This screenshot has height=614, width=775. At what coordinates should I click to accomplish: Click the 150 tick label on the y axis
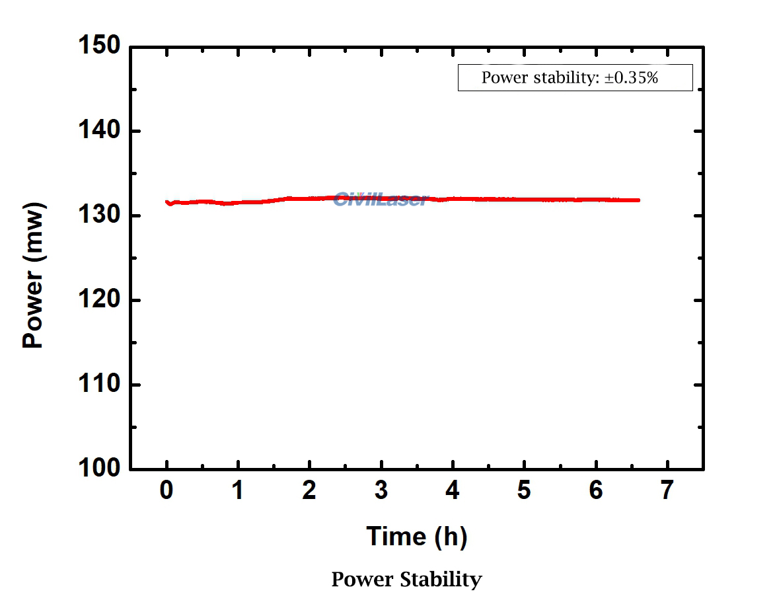[x=99, y=47]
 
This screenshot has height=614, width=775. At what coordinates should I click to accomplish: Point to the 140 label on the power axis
[x=99, y=132]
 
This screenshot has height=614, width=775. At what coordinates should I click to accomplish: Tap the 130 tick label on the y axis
[x=99, y=216]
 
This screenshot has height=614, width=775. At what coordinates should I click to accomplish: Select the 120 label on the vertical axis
[x=99, y=301]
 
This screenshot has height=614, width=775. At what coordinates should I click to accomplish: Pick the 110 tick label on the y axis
[x=99, y=385]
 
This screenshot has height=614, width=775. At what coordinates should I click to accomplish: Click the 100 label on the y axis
[x=99, y=469]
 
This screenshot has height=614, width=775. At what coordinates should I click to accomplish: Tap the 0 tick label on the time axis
[x=166, y=492]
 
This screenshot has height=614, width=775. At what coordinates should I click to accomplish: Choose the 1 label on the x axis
[x=238, y=492]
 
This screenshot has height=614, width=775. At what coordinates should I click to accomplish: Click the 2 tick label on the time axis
[x=309, y=492]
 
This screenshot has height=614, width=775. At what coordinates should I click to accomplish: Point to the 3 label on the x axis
[x=381, y=492]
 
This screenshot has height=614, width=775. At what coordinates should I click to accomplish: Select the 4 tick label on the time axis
[x=453, y=492]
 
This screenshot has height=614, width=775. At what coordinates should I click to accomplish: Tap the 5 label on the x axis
[x=524, y=492]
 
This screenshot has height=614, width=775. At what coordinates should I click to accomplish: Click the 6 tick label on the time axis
[x=596, y=492]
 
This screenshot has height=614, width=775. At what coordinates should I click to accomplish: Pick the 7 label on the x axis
[x=667, y=492]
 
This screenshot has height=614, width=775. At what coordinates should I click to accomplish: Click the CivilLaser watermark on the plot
[x=381, y=198]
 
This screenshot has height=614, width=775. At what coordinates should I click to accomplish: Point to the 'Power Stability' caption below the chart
[x=406, y=580]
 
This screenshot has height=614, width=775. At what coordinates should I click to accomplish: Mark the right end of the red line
[x=638, y=200]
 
